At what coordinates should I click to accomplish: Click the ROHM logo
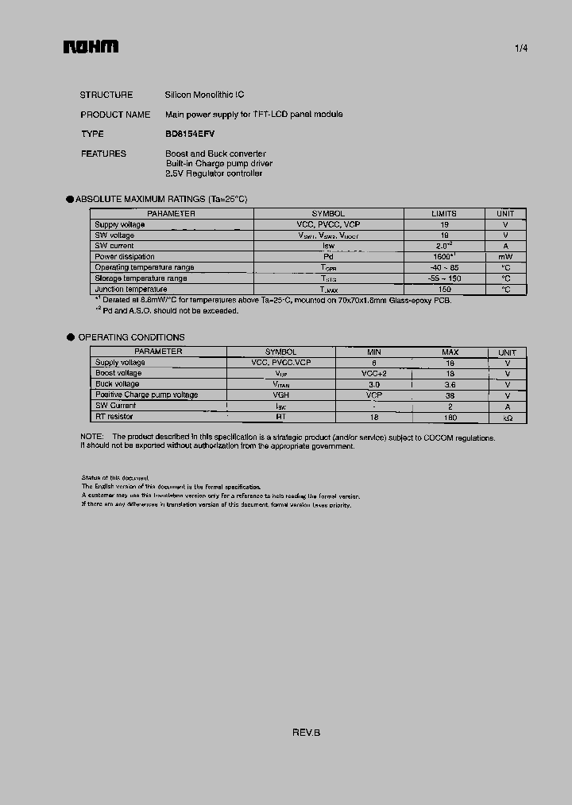click(x=91, y=48)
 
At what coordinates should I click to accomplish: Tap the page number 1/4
click(x=521, y=49)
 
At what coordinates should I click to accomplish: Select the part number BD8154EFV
click(x=190, y=134)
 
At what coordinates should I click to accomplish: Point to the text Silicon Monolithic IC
click(x=204, y=95)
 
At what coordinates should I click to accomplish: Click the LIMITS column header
click(x=444, y=214)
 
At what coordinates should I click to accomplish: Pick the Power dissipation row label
click(x=125, y=257)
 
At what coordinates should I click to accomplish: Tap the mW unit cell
click(x=505, y=257)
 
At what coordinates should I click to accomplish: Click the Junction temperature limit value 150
click(x=444, y=290)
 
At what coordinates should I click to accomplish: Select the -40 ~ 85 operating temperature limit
click(x=444, y=268)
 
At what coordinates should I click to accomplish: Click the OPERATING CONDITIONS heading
click(x=131, y=337)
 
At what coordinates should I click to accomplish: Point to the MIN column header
click(x=373, y=352)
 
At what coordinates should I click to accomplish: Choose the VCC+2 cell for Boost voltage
click(x=373, y=373)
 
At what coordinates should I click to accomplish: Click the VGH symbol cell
click(x=280, y=395)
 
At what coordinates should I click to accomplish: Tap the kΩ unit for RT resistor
click(x=507, y=418)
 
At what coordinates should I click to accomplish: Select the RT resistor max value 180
click(x=450, y=417)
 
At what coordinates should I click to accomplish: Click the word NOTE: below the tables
click(x=92, y=437)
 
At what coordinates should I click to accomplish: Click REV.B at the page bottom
click(x=306, y=733)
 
